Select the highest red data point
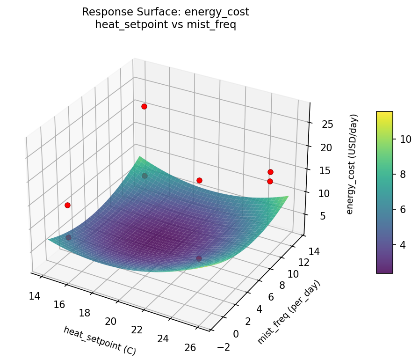[x=144, y=106]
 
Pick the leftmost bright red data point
[x=67, y=205]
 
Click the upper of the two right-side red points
[x=270, y=172]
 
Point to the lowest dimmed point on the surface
[x=199, y=258]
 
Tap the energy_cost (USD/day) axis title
[x=354, y=164]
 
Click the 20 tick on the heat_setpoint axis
[x=111, y=321]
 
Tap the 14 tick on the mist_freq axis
[x=314, y=252]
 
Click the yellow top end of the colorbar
[x=384, y=114]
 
